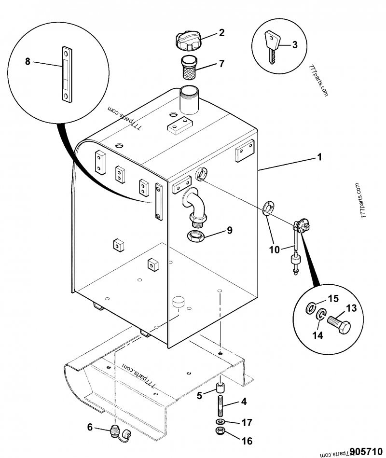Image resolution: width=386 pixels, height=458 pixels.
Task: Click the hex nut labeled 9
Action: coord(197,236)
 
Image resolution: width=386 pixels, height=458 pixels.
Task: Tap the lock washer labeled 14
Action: coord(321,316)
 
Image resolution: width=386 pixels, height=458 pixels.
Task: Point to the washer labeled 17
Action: coord(221,422)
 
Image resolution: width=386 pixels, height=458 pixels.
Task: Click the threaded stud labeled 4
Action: coord(221,404)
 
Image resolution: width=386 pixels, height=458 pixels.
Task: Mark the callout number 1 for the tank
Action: coord(319,157)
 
